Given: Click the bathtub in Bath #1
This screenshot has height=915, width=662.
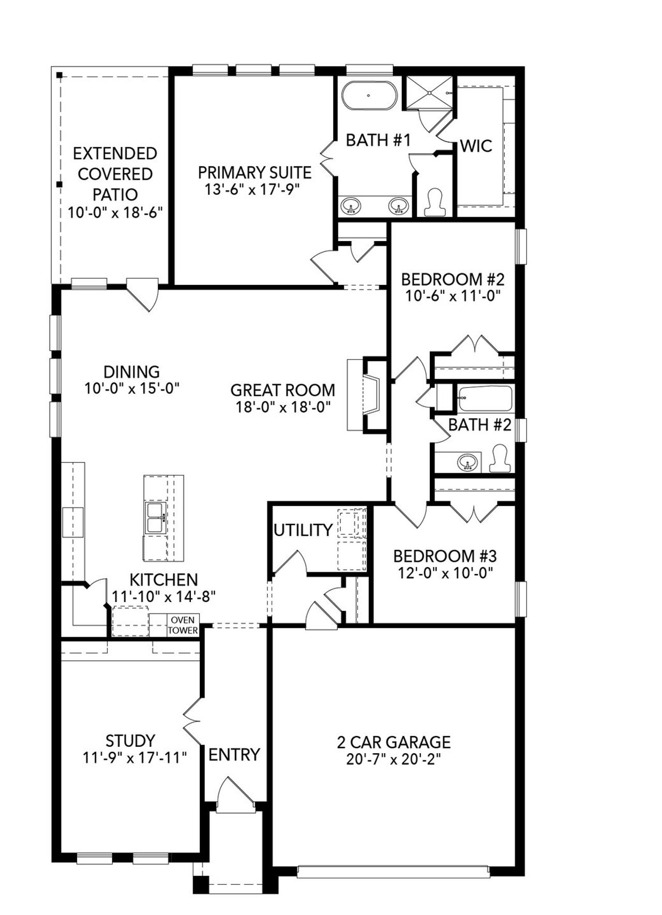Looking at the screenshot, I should pyautogui.click(x=369, y=95).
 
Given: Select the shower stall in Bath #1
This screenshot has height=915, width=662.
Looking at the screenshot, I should pyautogui.click(x=429, y=93).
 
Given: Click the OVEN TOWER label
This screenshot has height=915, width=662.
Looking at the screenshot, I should pyautogui.click(x=183, y=625).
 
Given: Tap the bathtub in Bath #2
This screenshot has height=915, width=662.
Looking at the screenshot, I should pyautogui.click(x=485, y=398).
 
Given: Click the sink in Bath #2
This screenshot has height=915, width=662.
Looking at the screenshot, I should pyautogui.click(x=468, y=461).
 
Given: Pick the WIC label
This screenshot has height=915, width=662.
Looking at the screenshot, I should pyautogui.click(x=476, y=146).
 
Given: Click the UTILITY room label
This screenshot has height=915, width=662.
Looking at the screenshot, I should pyautogui.click(x=303, y=530).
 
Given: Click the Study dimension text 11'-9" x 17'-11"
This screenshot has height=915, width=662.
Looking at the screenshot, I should pyautogui.click(x=134, y=758).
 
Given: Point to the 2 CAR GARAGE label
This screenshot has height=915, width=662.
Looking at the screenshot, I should pyautogui.click(x=394, y=742).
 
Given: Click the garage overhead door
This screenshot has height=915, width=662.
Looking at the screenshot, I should pyautogui.click(x=393, y=872).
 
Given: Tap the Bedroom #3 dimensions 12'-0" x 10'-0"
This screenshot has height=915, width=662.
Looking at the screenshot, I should pyautogui.click(x=445, y=573).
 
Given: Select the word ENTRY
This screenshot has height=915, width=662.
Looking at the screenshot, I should pyautogui.click(x=234, y=755).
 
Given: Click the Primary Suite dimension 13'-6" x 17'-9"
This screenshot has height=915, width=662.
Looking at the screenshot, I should pyautogui.click(x=252, y=189).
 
